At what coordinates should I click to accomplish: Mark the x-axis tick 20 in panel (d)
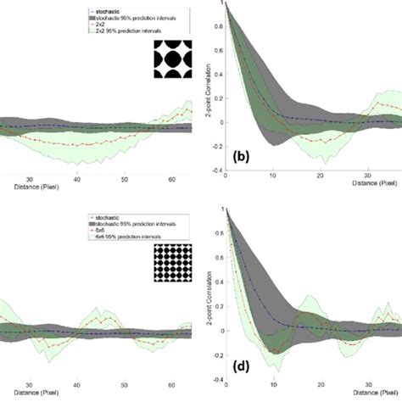tap(320, 383)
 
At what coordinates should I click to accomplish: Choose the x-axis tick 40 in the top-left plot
tap(77, 180)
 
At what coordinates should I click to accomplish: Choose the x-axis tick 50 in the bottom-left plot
tap(125, 383)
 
